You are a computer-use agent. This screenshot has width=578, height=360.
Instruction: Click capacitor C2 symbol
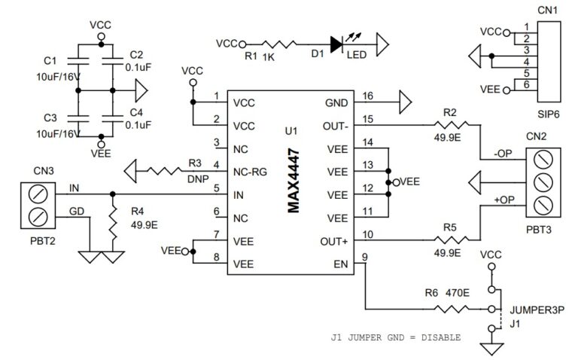pos(112,58)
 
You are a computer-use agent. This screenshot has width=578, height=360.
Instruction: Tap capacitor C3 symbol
pos(79,119)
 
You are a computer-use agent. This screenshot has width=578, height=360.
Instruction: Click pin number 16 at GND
pos(367,96)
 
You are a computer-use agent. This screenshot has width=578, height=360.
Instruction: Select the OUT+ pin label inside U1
pos(333,242)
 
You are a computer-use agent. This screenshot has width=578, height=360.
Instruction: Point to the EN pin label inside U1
pos(341,264)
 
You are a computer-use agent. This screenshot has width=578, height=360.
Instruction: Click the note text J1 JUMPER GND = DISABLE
pos(396,337)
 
